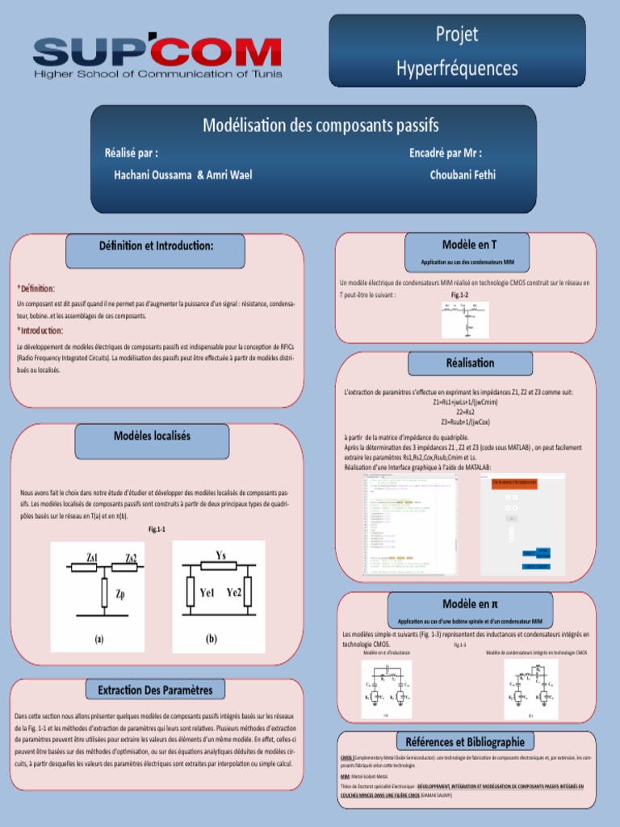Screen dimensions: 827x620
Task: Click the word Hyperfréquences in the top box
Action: click(x=457, y=68)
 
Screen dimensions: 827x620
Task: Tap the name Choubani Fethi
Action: click(x=463, y=174)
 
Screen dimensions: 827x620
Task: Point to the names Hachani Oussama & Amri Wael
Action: click(x=183, y=174)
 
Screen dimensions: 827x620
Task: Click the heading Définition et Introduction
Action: click(x=157, y=245)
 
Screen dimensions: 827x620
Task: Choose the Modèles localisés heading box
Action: click(x=153, y=436)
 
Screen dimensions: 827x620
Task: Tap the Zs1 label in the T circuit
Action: click(x=93, y=556)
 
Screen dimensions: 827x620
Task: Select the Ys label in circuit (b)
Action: click(x=220, y=555)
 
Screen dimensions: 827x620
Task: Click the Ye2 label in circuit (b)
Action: click(x=234, y=592)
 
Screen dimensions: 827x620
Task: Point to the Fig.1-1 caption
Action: click(x=157, y=529)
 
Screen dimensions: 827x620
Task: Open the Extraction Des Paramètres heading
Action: click(x=155, y=691)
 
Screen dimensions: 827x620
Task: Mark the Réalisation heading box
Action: click(x=470, y=363)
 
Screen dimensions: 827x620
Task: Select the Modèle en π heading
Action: click(x=470, y=604)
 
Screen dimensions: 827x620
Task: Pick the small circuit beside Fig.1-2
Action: click(x=465, y=320)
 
